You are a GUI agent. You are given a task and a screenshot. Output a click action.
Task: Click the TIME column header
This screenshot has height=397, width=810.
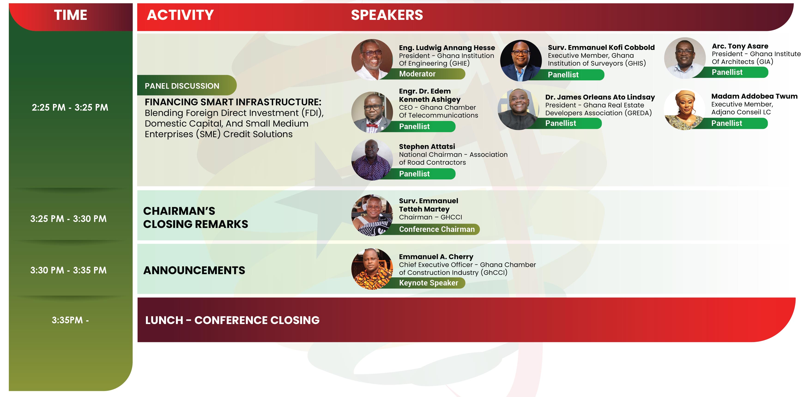[x=70, y=15]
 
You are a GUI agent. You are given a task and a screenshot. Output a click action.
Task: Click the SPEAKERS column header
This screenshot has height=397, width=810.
[x=387, y=15]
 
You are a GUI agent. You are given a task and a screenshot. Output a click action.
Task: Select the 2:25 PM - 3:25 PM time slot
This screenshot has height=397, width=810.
[x=70, y=107]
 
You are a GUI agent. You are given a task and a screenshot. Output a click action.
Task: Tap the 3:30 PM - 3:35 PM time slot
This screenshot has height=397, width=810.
[x=68, y=270]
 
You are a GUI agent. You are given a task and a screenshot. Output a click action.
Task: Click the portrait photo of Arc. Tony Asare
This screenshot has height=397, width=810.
[x=685, y=58]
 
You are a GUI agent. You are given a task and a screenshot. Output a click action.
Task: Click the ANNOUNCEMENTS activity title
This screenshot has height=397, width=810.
[x=194, y=270]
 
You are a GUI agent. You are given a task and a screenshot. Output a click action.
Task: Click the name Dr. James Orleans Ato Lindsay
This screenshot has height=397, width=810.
[x=600, y=97]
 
